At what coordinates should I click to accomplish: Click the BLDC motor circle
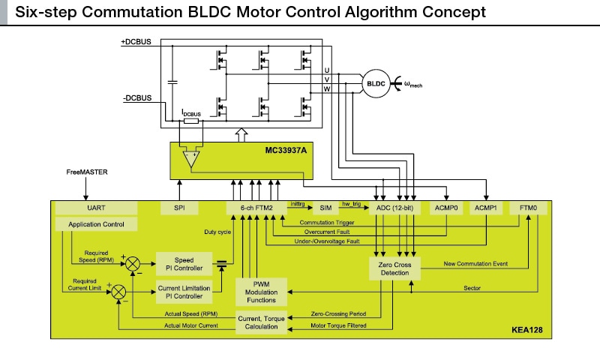pos(375,83)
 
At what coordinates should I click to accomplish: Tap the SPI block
pos(180,207)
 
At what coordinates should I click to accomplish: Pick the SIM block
pos(325,207)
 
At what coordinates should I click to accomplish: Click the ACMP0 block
pos(447,207)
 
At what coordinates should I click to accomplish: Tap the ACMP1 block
pos(487,207)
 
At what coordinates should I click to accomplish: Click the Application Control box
pos(97,224)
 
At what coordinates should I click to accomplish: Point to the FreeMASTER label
pos(86,172)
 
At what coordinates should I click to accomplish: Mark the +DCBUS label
pos(136,42)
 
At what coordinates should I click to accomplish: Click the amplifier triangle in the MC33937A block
pos(191,157)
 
